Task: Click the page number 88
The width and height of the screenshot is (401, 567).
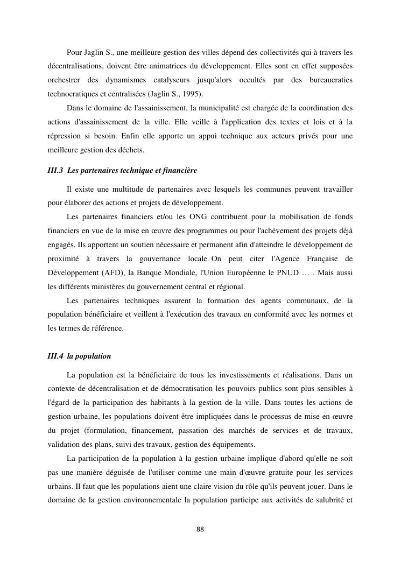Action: click(200, 529)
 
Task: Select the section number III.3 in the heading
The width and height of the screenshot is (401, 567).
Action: click(55, 171)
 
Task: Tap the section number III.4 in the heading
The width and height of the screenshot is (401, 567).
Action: click(55, 356)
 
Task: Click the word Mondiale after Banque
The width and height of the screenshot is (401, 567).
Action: click(179, 272)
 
